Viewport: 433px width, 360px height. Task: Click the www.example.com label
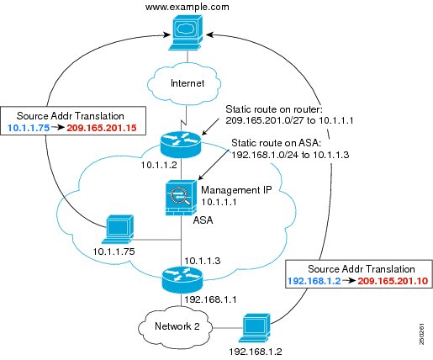point(187,7)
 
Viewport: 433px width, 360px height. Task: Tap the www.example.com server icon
point(186,33)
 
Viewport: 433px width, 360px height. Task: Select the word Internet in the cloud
point(187,83)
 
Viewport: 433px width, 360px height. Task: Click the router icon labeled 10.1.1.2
point(181,144)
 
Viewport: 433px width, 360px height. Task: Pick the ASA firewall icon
point(181,198)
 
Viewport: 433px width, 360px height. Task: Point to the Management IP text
point(236,190)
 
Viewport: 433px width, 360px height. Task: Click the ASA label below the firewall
point(203,220)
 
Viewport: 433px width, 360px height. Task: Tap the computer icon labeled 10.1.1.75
point(118,230)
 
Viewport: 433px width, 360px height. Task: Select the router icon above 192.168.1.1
point(182,280)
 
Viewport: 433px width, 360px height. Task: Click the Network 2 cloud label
point(177,326)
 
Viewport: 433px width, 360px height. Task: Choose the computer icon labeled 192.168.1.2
point(255,328)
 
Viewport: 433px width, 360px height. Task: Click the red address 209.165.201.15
point(102,128)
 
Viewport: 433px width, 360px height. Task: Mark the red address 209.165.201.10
point(393,281)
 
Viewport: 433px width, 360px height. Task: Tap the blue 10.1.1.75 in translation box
point(29,128)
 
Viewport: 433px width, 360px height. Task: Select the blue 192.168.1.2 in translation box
point(314,281)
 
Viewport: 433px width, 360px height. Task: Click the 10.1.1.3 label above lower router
point(203,261)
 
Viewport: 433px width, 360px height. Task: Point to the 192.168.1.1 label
point(210,299)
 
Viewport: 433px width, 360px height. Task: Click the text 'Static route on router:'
point(275,109)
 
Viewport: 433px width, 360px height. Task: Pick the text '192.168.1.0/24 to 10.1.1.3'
point(290,155)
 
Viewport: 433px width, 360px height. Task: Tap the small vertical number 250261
point(422,334)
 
